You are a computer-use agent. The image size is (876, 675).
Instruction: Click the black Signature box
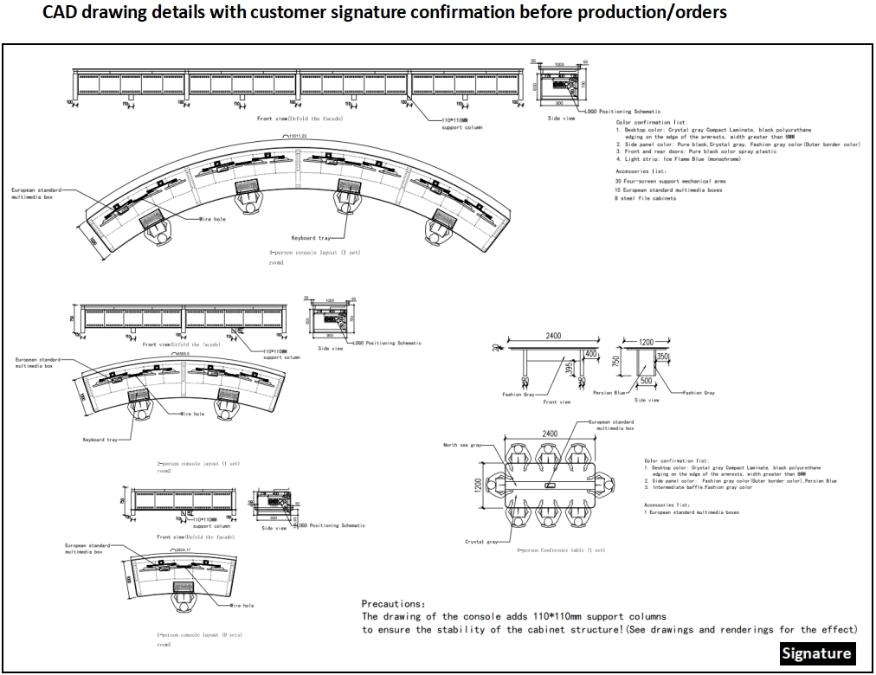tap(816, 653)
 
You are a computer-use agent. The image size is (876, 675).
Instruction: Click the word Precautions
tap(392, 603)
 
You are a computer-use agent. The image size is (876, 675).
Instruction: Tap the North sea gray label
tap(461, 445)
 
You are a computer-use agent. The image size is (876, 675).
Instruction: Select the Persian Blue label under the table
tap(609, 393)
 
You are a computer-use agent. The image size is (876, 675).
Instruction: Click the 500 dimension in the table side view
tap(646, 380)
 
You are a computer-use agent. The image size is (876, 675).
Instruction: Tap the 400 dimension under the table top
tap(591, 355)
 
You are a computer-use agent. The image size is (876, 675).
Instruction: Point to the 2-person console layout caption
tap(198, 464)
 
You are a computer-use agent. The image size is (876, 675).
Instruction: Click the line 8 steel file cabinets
tap(646, 198)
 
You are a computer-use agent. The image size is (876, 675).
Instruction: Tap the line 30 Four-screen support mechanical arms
tap(670, 181)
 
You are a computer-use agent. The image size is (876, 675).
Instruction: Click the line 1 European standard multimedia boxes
tap(692, 511)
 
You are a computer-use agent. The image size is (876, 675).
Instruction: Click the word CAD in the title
tap(62, 13)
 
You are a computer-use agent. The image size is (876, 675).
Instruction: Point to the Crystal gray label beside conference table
tap(480, 542)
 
